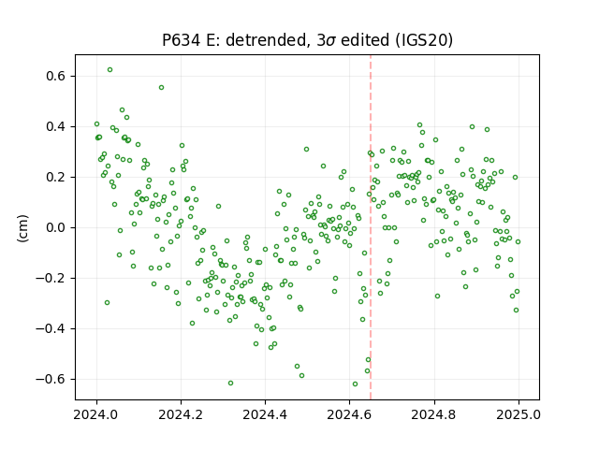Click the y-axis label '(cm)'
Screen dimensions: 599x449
22,228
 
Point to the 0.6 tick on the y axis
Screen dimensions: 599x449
56,76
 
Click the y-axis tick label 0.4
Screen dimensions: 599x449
56,126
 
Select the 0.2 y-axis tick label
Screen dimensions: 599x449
56,177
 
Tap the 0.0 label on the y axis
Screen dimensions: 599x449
56,227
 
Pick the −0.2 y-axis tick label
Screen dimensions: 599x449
51,278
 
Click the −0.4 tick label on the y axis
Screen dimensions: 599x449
51,328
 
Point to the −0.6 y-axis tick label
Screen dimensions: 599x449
51,379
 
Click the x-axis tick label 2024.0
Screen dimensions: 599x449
96,414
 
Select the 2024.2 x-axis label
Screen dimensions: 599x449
181,414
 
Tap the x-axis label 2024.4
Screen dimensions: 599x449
265,414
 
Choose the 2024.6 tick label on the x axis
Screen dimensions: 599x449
349,414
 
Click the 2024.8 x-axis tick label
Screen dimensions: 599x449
434,414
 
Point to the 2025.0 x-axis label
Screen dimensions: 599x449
519,414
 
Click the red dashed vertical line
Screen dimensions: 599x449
371,227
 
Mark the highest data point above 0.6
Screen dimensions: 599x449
110,70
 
